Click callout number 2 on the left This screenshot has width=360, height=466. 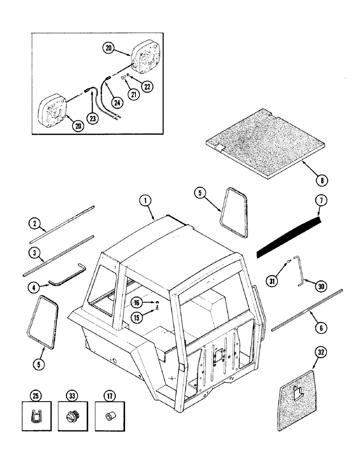(x=35, y=224)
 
